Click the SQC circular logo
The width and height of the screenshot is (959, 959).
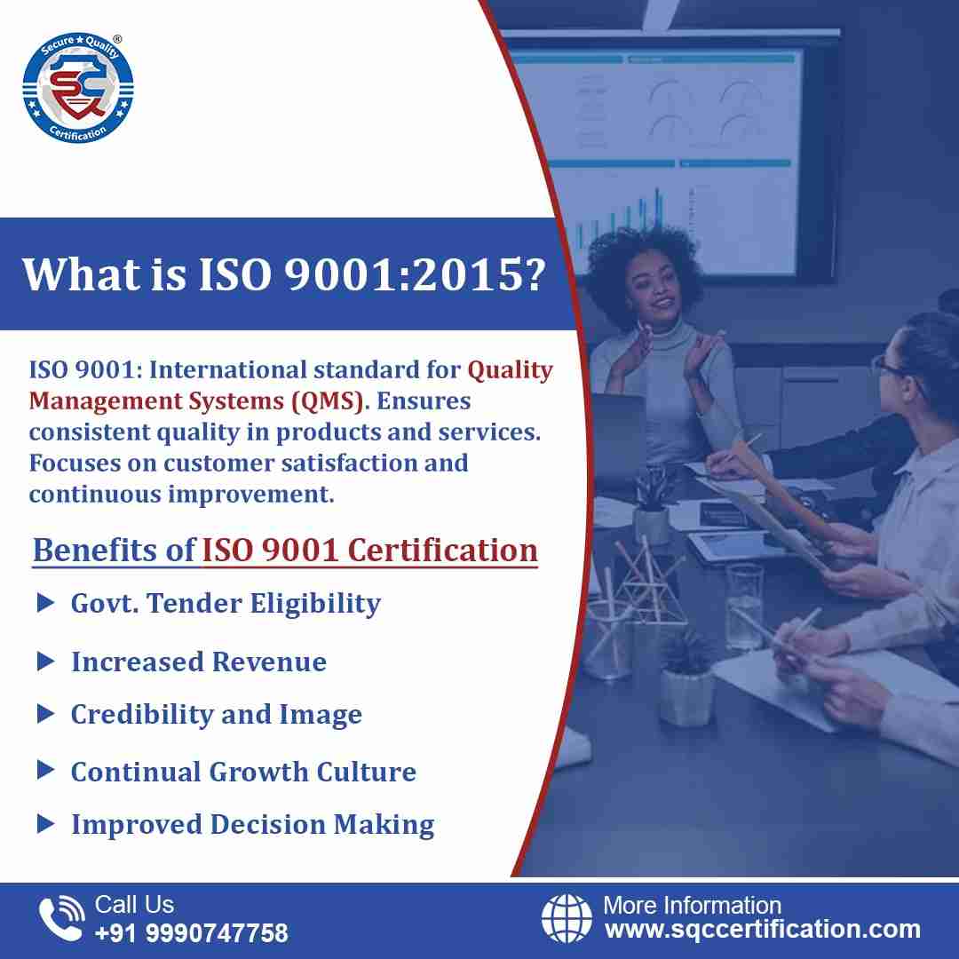point(77,88)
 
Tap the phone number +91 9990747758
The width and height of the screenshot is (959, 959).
point(192,932)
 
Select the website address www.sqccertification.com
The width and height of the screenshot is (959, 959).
point(763,930)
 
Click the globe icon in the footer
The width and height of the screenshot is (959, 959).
point(567,917)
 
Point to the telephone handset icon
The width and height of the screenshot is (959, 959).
point(61,917)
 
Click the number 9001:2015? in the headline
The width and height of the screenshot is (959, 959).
point(415,274)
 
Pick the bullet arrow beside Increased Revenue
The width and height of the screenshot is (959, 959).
point(46,662)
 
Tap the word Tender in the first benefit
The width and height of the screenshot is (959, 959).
point(194,603)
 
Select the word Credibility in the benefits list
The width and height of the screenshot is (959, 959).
point(140,715)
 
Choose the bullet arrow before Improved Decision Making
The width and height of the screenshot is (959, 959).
point(46,824)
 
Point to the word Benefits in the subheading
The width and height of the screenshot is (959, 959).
point(95,550)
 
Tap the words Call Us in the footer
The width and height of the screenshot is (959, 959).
point(134,905)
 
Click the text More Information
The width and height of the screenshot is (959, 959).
point(693,905)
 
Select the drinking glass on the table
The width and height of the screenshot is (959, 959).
point(745,605)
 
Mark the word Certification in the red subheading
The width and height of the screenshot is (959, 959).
point(443,550)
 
